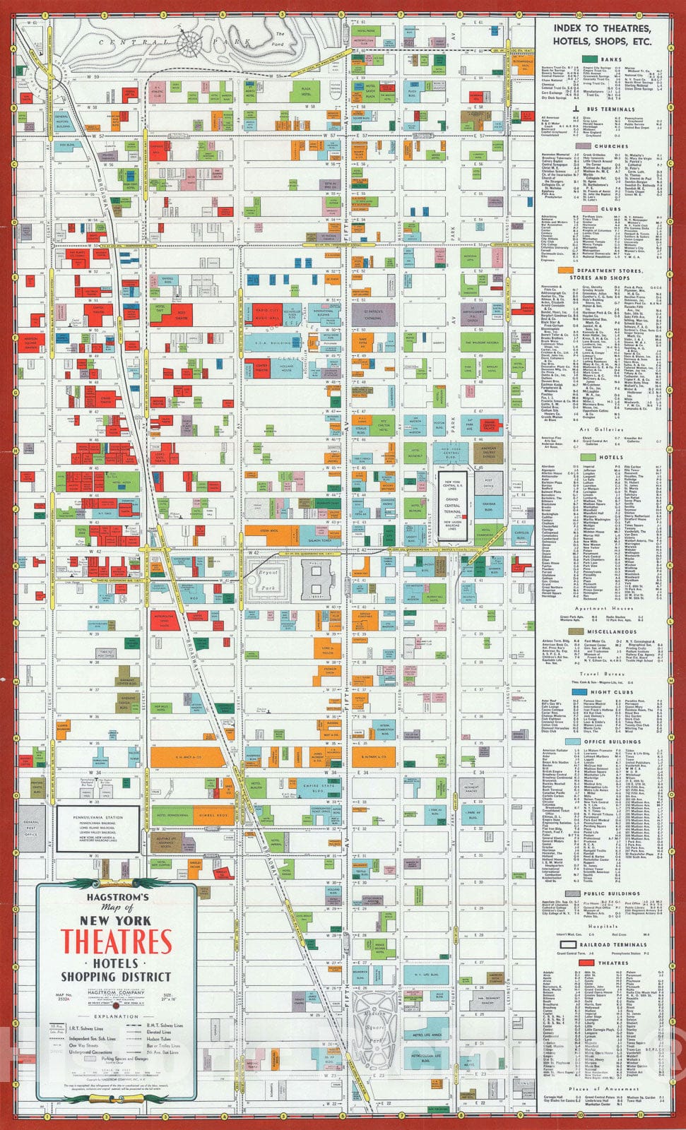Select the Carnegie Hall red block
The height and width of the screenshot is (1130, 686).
pos(157,150)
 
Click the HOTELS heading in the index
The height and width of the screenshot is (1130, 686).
pos(611,457)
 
